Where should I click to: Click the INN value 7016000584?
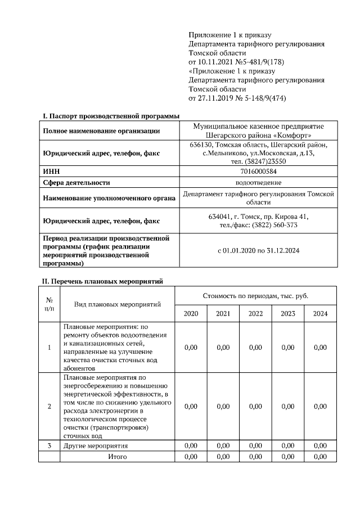pos(258,172)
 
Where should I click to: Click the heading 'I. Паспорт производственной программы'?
pos(111,116)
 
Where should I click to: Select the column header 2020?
pos(191,314)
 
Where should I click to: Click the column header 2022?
pos(255,314)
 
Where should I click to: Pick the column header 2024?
pos(320,314)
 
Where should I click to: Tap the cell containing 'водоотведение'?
pos(258,182)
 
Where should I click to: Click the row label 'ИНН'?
pos(51,172)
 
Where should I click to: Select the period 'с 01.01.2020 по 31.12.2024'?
pos(258,250)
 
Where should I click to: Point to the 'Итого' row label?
pos(118,456)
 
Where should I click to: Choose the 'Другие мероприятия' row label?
pos(96,445)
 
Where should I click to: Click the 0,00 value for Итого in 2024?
pos(320,456)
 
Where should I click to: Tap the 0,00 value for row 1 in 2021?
pos(223,347)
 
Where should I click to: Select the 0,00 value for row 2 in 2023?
pos(287,406)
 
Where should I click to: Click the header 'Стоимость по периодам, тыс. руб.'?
pos(255,296)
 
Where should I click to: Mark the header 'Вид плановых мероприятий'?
pos(118,304)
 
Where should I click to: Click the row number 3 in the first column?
pos(49,445)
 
